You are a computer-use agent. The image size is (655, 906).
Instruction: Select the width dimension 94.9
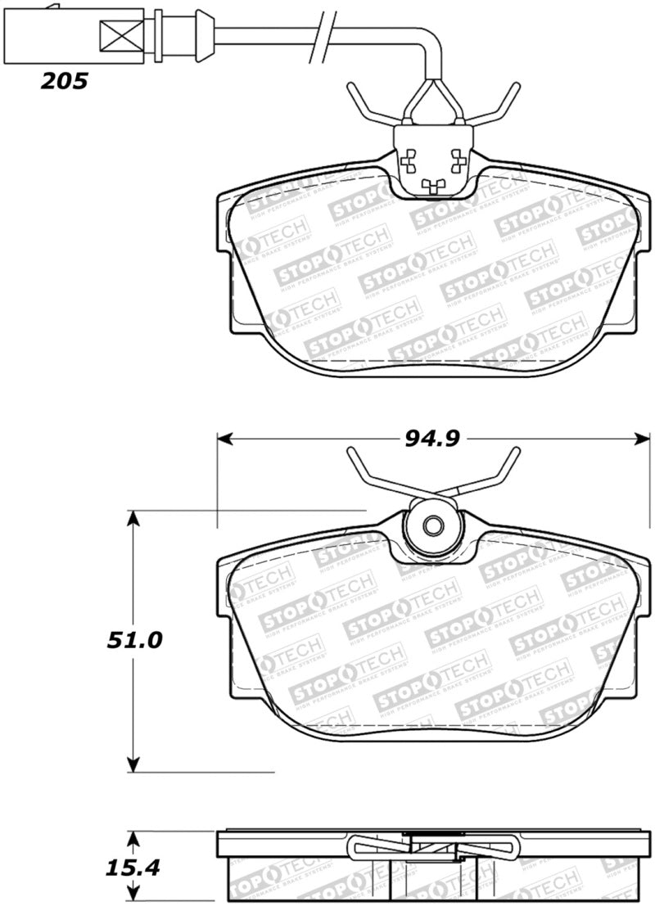(x=430, y=439)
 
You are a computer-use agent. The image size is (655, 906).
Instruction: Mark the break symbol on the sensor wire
(x=328, y=35)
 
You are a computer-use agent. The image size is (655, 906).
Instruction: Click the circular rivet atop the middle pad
(x=433, y=525)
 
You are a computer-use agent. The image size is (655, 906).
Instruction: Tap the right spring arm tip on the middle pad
(x=516, y=451)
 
